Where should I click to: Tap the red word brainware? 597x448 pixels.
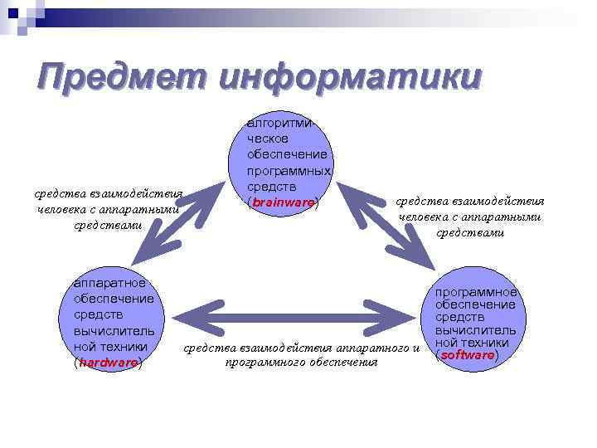coord(283,202)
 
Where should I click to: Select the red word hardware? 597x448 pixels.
coord(108,363)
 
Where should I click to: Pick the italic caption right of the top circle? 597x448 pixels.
coord(469,217)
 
